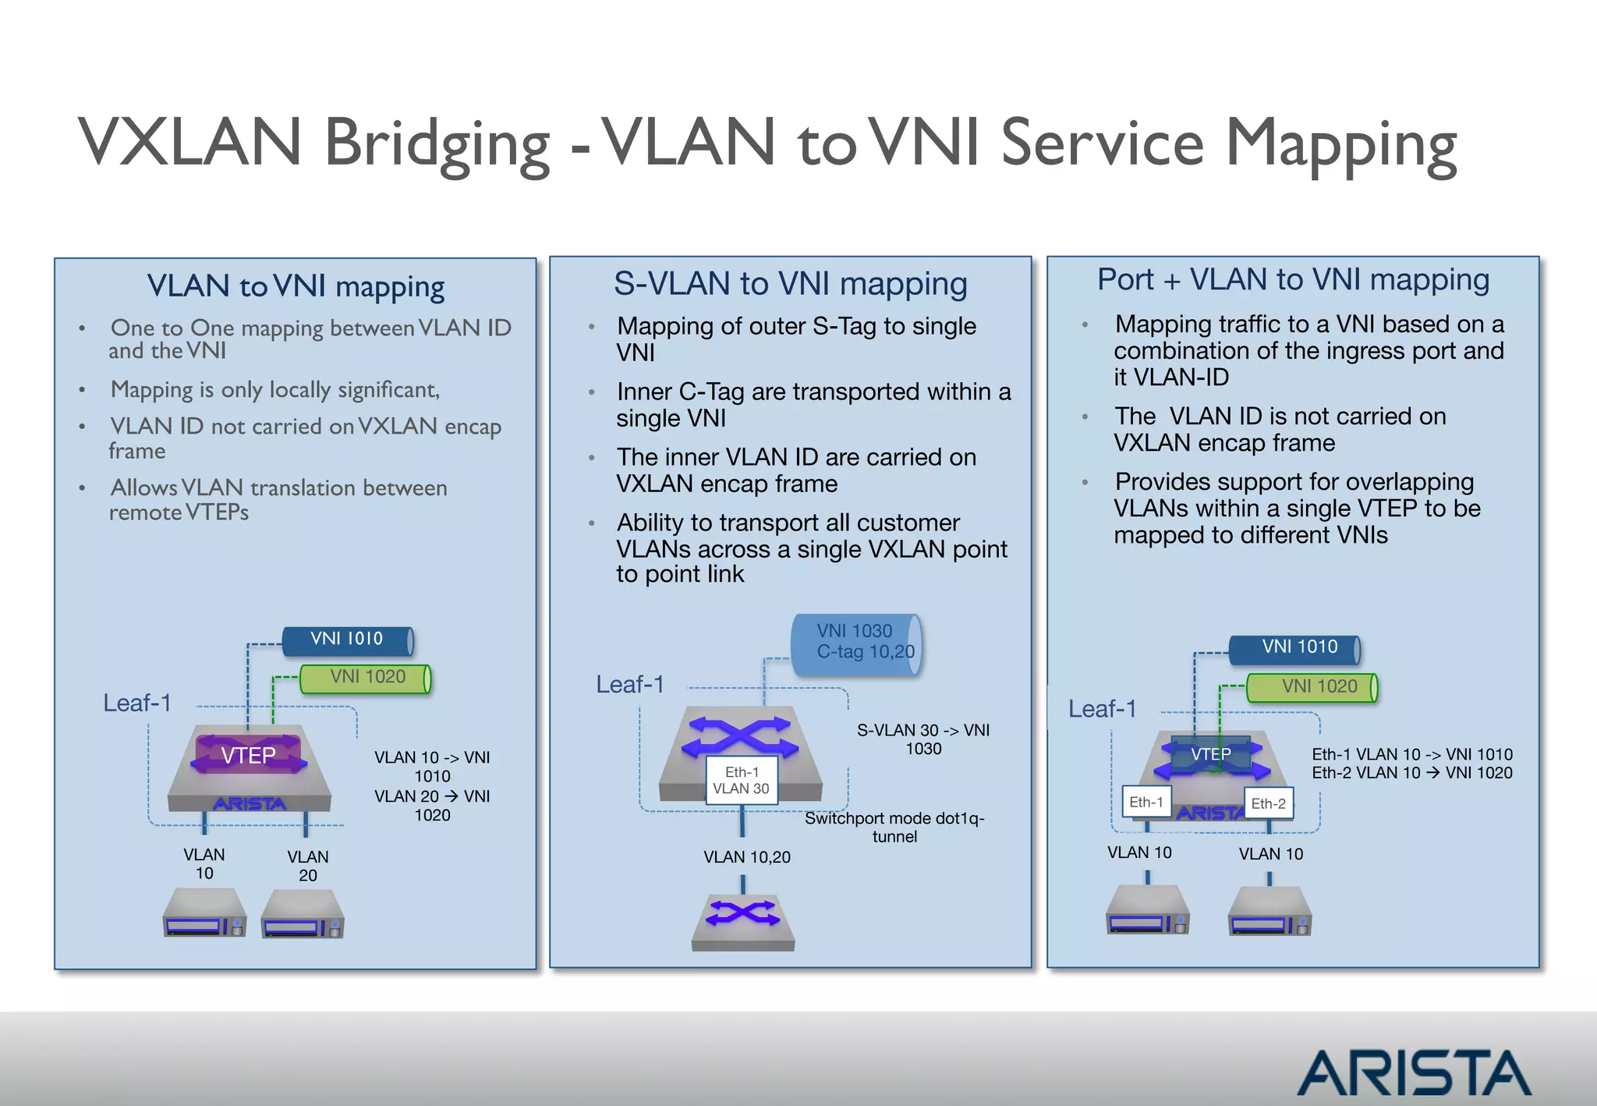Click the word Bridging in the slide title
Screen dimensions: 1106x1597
tap(437, 144)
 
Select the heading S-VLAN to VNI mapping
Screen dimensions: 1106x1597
tap(790, 283)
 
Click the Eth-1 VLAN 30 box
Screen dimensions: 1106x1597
tap(741, 780)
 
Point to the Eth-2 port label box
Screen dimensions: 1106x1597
tap(1268, 803)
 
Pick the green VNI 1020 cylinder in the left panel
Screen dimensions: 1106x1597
tap(366, 677)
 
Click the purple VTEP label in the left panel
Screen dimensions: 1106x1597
tap(248, 755)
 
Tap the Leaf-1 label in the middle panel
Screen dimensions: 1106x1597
tap(630, 684)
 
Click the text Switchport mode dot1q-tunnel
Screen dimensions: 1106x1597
tap(894, 827)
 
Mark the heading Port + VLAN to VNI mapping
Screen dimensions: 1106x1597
tap(1293, 279)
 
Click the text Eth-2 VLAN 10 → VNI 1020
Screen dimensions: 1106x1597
tap(1411, 773)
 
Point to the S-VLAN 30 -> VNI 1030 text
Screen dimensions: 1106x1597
tap(923, 739)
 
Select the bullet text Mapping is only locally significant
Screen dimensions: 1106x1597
tap(274, 389)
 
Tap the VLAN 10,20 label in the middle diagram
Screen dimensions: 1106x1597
tap(746, 857)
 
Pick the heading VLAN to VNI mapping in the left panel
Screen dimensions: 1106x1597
tap(296, 286)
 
